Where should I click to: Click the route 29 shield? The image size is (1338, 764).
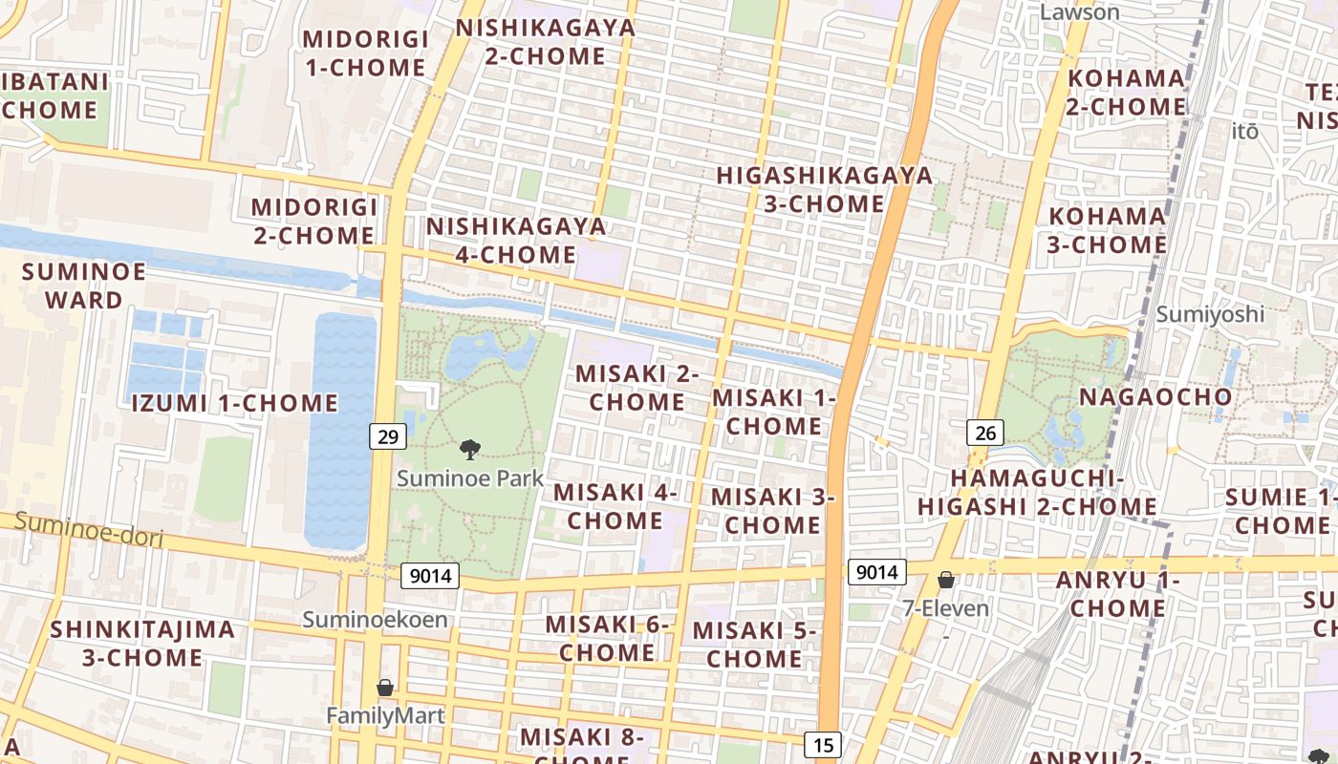(x=387, y=436)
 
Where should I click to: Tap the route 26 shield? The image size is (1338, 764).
(x=984, y=433)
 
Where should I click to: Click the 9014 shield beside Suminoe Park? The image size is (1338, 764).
(x=429, y=576)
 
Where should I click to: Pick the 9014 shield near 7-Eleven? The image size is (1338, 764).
(x=876, y=572)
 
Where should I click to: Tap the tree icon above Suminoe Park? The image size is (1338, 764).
(x=469, y=449)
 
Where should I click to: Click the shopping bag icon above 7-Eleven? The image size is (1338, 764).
(x=946, y=580)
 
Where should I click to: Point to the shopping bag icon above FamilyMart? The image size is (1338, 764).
(x=385, y=688)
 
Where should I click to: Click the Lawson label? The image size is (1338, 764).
(x=1079, y=12)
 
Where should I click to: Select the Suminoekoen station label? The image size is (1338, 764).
(x=375, y=619)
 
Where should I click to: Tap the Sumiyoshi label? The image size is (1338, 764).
(x=1210, y=313)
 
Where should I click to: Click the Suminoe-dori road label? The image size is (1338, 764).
(x=89, y=531)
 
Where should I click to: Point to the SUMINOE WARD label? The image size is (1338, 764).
(x=84, y=286)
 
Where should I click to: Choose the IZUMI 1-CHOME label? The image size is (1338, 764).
(x=234, y=403)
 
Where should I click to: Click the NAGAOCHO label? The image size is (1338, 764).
(x=1155, y=396)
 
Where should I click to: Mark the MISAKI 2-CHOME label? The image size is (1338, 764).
(x=637, y=388)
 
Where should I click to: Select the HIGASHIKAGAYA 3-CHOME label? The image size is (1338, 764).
(x=824, y=189)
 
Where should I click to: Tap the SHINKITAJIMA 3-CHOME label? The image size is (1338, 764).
(x=142, y=643)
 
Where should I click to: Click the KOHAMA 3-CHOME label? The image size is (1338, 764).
(x=1108, y=230)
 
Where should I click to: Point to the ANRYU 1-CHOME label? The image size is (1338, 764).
(x=1117, y=593)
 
